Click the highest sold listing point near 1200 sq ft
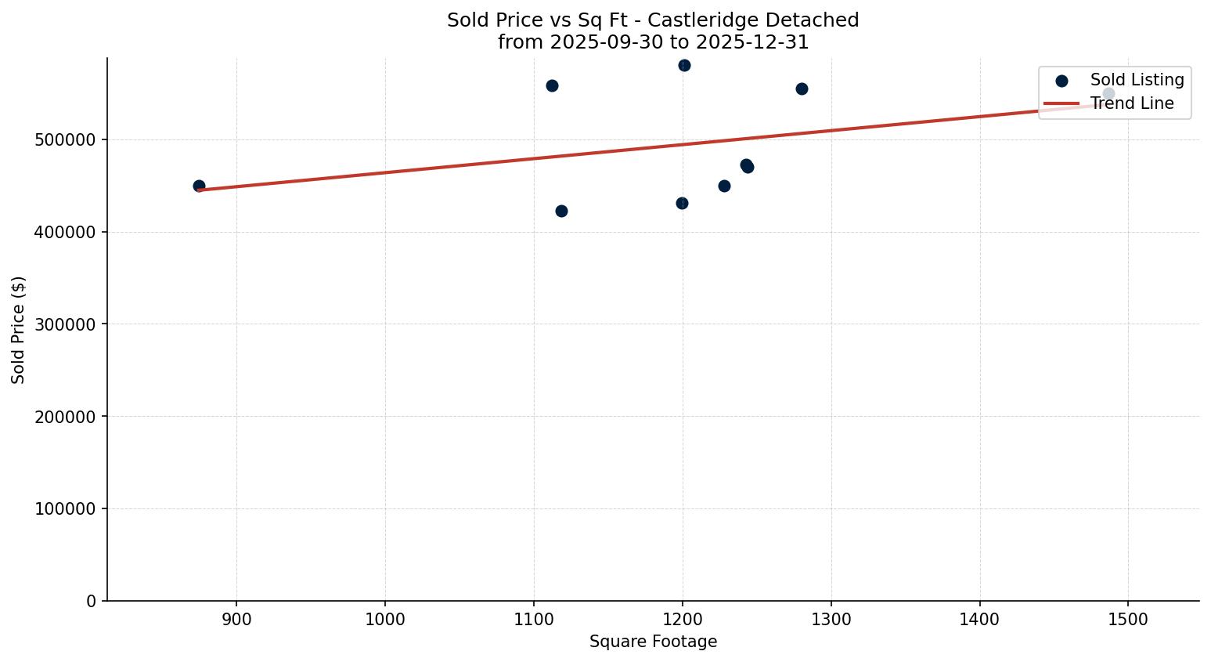pos(684,65)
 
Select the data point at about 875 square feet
pos(199,186)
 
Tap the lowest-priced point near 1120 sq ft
pos(561,211)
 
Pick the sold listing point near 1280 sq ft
pos(802,89)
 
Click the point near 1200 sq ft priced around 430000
pos(682,203)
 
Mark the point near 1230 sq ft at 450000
pos(724,186)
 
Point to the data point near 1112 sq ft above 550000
pos(552,85)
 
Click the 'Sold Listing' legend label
pos(1137,80)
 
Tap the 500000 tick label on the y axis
pos(66,140)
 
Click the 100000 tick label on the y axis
pos(66,509)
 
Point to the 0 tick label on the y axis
pos(92,601)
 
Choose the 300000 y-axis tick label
pos(66,324)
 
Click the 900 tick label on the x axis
pos(236,619)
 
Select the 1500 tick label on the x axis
pos(1127,619)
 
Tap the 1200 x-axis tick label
pos(682,619)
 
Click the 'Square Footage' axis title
pos(653,642)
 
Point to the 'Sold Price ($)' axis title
pos(18,330)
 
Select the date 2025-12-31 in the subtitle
pos(758,42)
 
